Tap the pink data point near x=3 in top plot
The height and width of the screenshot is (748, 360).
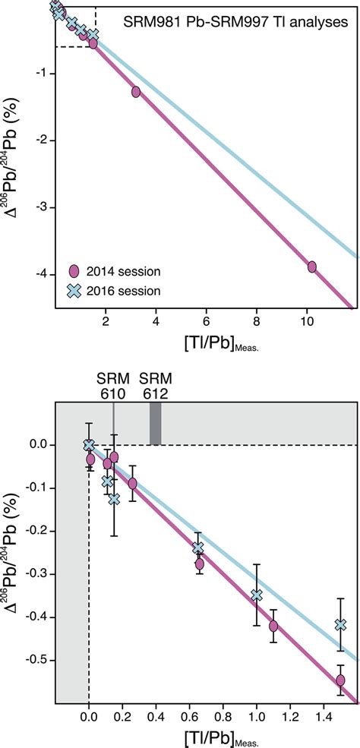tap(136, 92)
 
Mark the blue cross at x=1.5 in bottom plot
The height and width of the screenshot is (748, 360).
tap(340, 624)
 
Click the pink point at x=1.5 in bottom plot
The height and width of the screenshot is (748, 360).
tap(340, 680)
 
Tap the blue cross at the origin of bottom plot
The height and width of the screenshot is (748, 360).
tap(90, 445)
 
